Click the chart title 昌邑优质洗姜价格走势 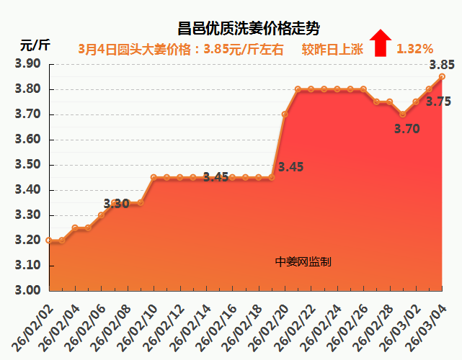click(x=248, y=29)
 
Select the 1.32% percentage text click(x=414, y=49)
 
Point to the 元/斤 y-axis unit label click(x=35, y=45)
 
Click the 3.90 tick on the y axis click(x=28, y=64)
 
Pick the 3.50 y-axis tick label click(x=28, y=165)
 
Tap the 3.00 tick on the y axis click(x=28, y=291)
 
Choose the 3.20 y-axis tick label click(x=28, y=240)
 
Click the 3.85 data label click(x=441, y=65)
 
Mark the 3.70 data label click(x=407, y=129)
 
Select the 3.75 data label click(x=438, y=102)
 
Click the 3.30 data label click(x=117, y=204)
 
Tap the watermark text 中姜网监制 click(x=303, y=262)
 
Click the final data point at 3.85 click(x=442, y=76)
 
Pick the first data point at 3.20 click(x=48, y=240)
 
